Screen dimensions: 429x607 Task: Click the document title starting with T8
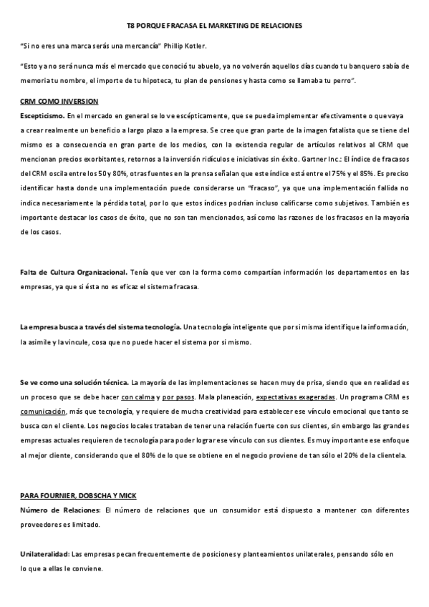[x=214, y=26]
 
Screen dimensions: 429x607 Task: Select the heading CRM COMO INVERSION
[x=59, y=101]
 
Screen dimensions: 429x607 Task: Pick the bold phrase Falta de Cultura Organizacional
[x=74, y=272]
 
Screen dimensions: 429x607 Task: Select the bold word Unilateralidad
[x=44, y=555]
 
